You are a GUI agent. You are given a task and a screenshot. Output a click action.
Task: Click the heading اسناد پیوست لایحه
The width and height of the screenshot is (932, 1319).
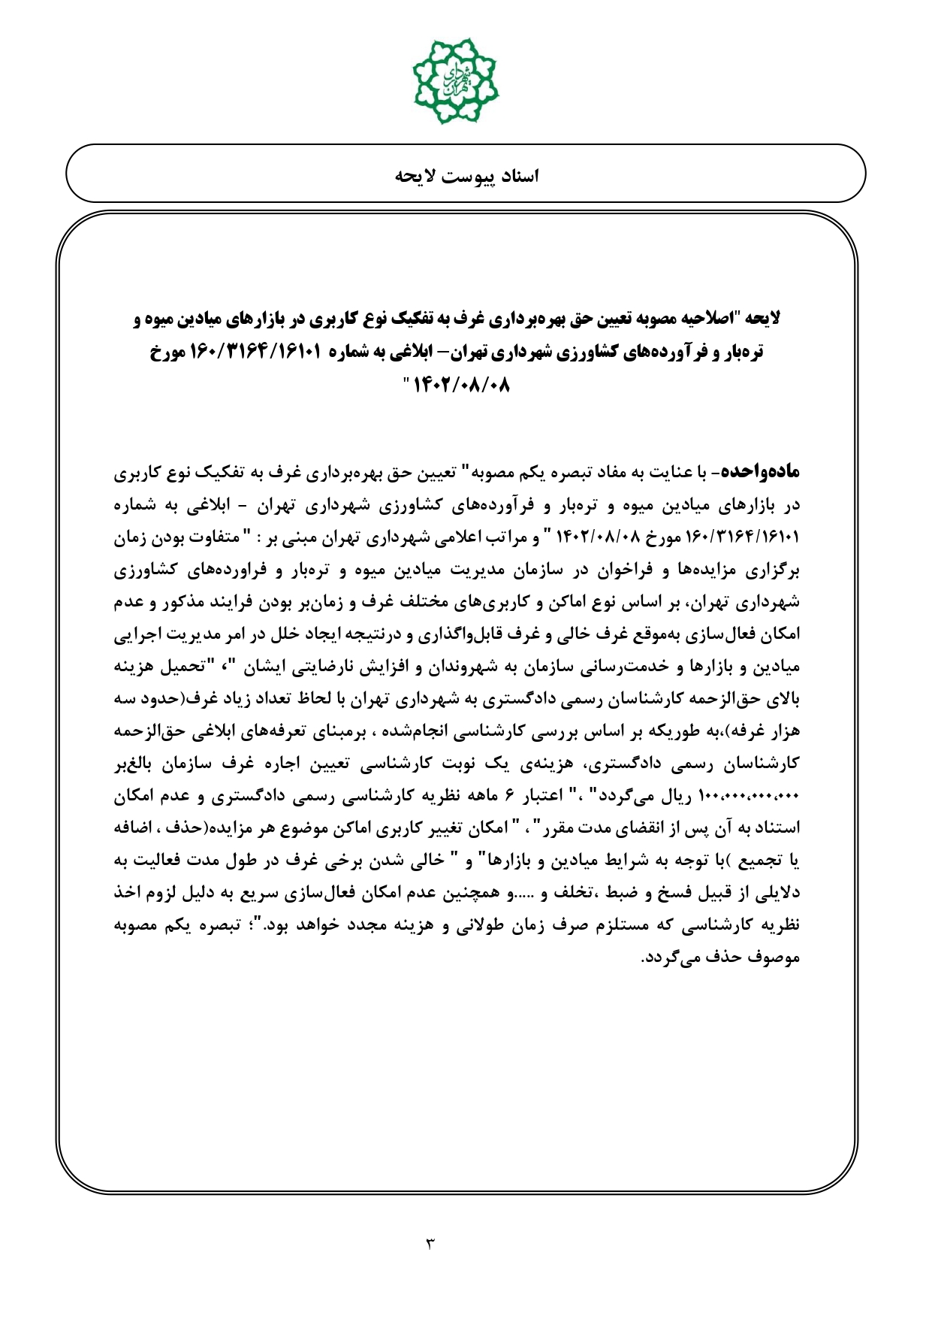(x=466, y=176)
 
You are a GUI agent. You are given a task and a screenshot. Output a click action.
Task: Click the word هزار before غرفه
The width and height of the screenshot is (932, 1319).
(x=783, y=731)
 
